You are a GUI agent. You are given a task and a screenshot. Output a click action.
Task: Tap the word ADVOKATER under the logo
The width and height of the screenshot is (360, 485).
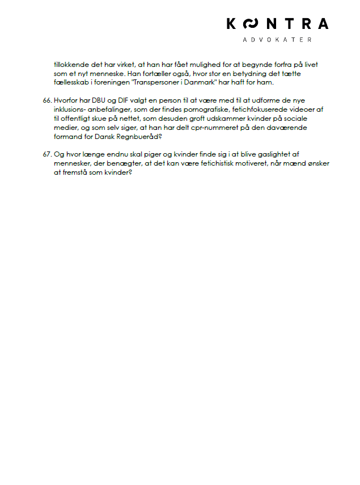tap(277, 40)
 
